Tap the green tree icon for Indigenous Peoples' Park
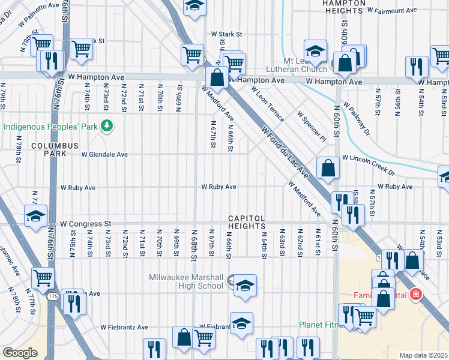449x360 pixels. click(106, 125)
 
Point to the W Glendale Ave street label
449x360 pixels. click(106, 154)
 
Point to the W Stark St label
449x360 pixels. click(225, 34)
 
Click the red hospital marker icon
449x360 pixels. click(415, 295)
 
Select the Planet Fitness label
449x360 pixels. click(321, 325)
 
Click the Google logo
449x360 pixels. click(20, 352)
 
